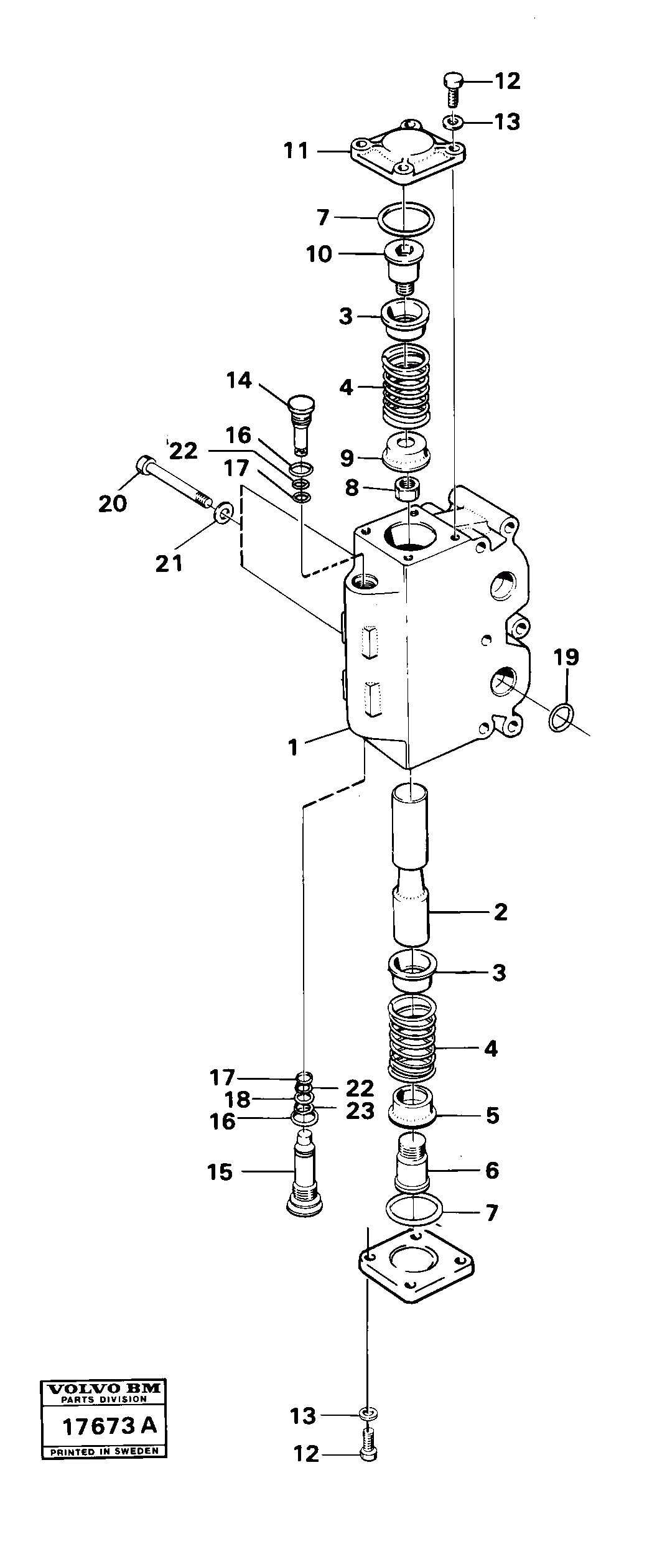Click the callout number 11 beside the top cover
click(296, 151)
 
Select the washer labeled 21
click(224, 513)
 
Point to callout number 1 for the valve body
click(293, 747)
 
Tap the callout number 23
click(360, 1110)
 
